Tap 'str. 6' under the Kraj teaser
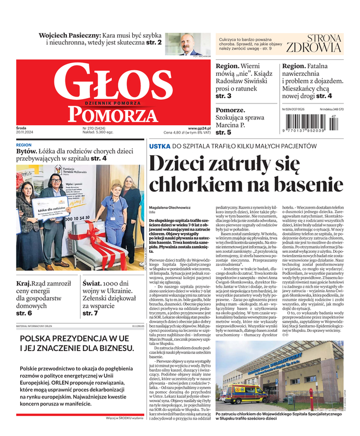point(24,313)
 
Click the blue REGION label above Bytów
point(24,146)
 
